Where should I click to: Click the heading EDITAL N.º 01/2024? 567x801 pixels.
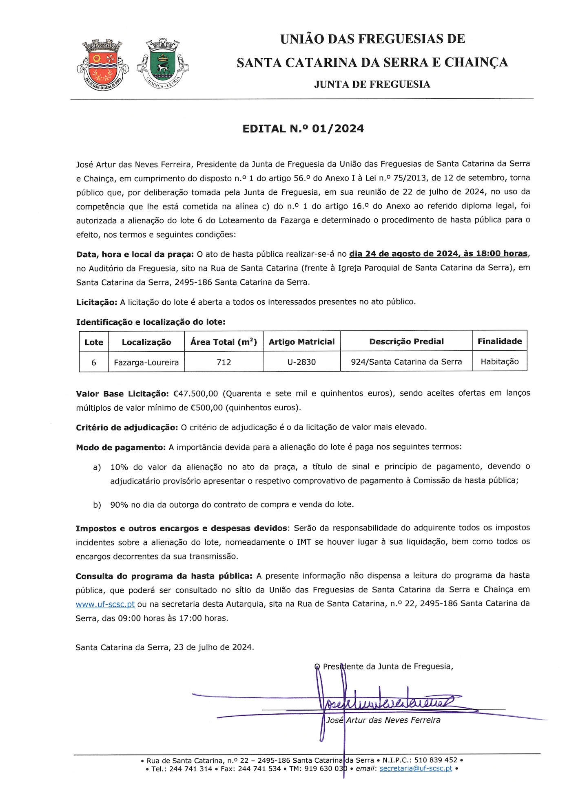(303, 129)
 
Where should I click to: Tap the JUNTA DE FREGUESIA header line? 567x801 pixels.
(372, 84)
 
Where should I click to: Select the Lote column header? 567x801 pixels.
(94, 342)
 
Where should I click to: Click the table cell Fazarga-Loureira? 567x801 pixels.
(146, 362)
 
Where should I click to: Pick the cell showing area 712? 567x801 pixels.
(224, 362)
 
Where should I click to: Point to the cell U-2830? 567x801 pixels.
(301, 362)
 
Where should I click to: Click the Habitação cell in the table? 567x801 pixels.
(500, 361)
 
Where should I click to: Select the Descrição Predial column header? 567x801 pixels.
(406, 341)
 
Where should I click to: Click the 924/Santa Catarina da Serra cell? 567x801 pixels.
(406, 362)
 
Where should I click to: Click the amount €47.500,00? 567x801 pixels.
(195, 394)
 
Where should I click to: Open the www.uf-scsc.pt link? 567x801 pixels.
(105, 604)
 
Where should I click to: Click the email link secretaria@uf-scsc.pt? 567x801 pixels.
(416, 768)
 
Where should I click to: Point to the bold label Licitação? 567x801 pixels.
(97, 302)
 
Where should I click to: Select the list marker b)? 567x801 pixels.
(97, 505)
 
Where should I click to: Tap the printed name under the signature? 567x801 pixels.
(383, 720)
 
